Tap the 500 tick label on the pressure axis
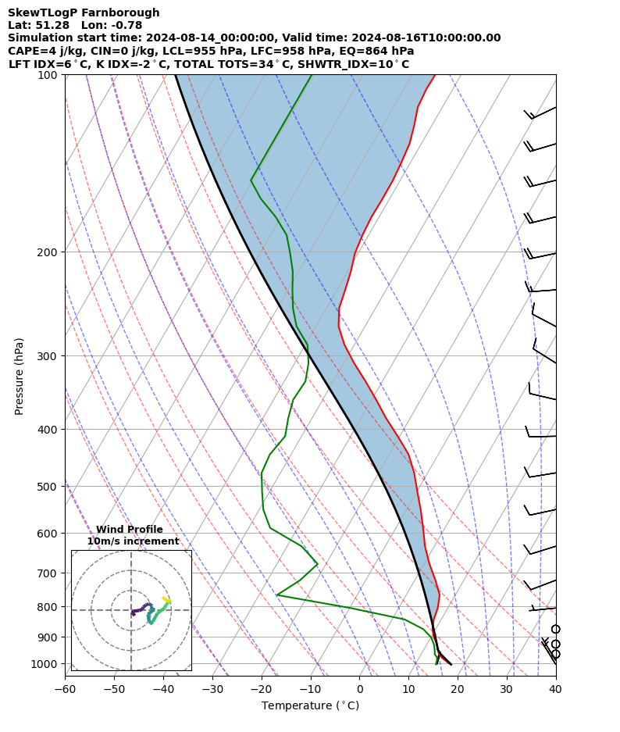[x=48, y=487]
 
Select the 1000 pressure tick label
[x=45, y=664]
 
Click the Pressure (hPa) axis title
[x=20, y=376]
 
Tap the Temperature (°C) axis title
[x=310, y=706]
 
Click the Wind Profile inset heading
[x=130, y=530]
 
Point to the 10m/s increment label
[x=133, y=541]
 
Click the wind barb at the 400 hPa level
[x=540, y=434]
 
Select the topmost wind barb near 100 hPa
[x=540, y=114]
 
